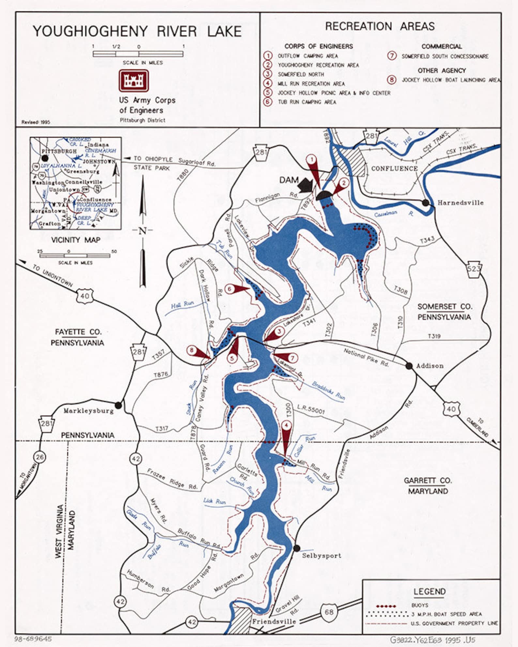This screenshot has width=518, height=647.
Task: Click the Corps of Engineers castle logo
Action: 134,80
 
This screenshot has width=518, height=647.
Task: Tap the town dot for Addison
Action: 409,366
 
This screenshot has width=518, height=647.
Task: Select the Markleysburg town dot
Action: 118,405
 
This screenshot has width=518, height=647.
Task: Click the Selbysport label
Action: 321,555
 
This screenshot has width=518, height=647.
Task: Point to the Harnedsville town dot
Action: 425,203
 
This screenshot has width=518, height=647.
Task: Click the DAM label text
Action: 289,180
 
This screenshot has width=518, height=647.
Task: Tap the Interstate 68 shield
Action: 329,611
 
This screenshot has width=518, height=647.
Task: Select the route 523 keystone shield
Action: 474,269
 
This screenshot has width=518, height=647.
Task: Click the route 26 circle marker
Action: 39,457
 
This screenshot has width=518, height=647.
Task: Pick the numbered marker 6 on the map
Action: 230,289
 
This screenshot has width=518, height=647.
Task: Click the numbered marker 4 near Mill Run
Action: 286,425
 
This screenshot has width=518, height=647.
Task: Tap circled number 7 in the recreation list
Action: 392,56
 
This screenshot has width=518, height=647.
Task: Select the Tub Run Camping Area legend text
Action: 307,102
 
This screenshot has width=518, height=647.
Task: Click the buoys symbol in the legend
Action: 386,606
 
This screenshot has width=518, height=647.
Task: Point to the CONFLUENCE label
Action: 394,168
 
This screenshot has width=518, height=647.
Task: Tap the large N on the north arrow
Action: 143,231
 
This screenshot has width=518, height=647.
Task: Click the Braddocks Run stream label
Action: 328,390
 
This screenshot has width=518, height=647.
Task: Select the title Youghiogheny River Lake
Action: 137,32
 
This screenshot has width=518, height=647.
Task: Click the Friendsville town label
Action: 274,622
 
